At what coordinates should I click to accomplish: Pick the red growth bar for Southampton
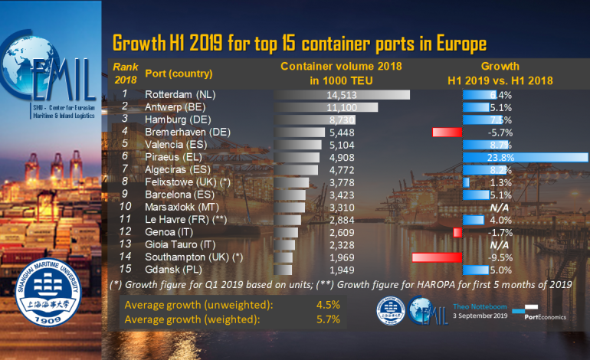[436, 257]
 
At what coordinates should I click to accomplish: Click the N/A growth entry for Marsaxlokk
[499, 207]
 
